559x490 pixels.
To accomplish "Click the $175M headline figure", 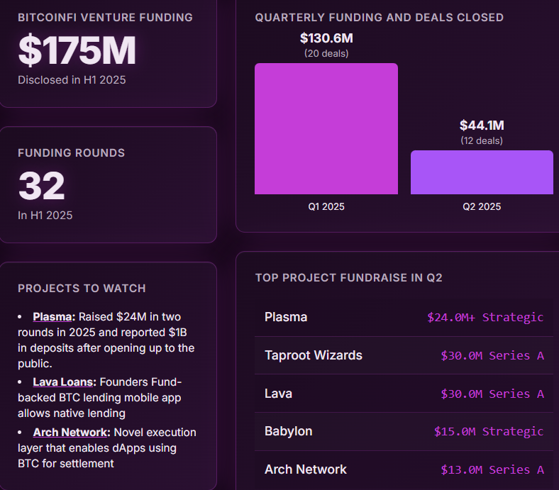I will click(x=77, y=50).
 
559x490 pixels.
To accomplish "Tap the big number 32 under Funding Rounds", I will click(x=41, y=186).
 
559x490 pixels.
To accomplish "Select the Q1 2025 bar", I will click(x=326, y=128).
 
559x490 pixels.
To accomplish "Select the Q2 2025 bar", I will click(x=482, y=172).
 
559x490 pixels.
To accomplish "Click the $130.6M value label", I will click(x=326, y=38).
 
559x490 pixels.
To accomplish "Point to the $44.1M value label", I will click(x=482, y=126).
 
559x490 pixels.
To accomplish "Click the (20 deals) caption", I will click(x=326, y=53).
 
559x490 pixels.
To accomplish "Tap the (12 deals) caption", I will click(x=482, y=140).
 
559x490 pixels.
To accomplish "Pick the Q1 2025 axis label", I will click(x=326, y=207).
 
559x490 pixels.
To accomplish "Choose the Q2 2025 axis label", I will click(x=482, y=207).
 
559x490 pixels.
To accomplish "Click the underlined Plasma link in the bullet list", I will click(x=53, y=316).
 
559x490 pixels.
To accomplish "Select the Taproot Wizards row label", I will click(x=313, y=355).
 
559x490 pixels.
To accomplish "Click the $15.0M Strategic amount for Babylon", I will click(x=489, y=431).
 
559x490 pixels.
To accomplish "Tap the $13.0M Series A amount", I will click(x=492, y=469).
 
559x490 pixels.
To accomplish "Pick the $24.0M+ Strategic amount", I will click(x=485, y=317).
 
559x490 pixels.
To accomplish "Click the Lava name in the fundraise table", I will click(x=278, y=394).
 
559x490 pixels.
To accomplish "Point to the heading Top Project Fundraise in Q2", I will click(x=348, y=278).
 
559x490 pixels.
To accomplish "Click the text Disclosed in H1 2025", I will click(x=72, y=80).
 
